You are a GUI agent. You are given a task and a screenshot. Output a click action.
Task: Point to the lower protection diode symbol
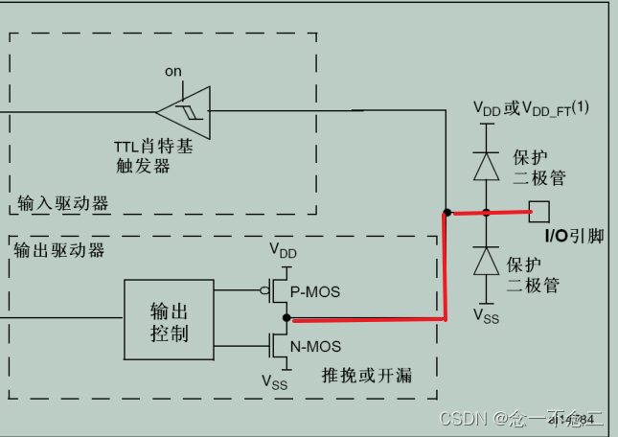pos(487,261)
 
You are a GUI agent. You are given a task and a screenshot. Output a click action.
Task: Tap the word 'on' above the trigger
pos(172,71)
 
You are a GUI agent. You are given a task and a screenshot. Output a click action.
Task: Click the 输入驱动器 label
pos(62,203)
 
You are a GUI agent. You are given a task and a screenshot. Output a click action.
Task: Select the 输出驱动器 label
pos(59,250)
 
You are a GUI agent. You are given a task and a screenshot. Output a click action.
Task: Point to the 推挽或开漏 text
pos(367,374)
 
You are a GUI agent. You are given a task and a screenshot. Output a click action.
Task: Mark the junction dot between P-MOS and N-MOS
pos(286,317)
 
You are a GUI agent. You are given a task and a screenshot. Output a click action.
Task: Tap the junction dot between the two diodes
pos(486,212)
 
